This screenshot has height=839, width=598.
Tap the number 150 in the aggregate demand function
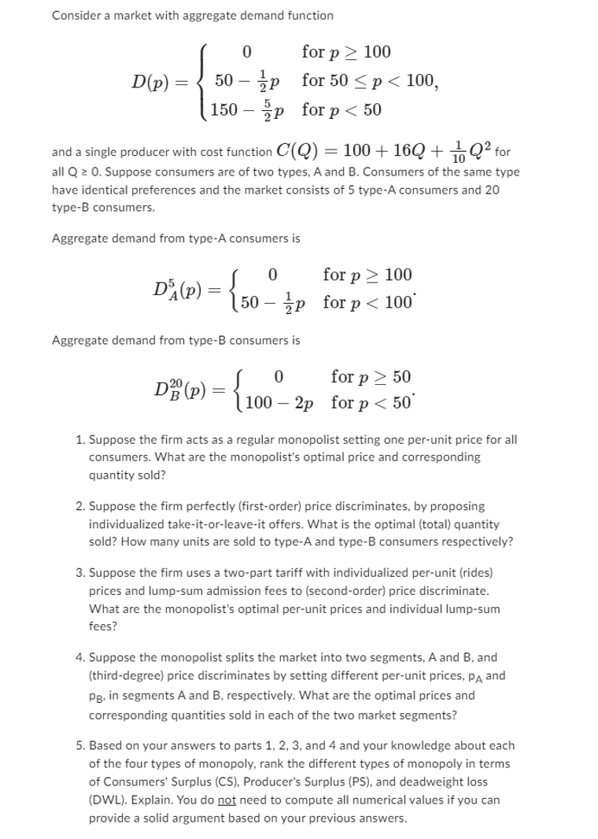pos(226,109)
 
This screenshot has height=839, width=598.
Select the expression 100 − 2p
pos(280,404)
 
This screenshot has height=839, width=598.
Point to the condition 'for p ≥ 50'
pos(371,377)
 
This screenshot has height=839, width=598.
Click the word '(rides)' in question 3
pos(474,572)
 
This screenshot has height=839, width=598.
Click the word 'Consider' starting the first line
pos(75,15)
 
